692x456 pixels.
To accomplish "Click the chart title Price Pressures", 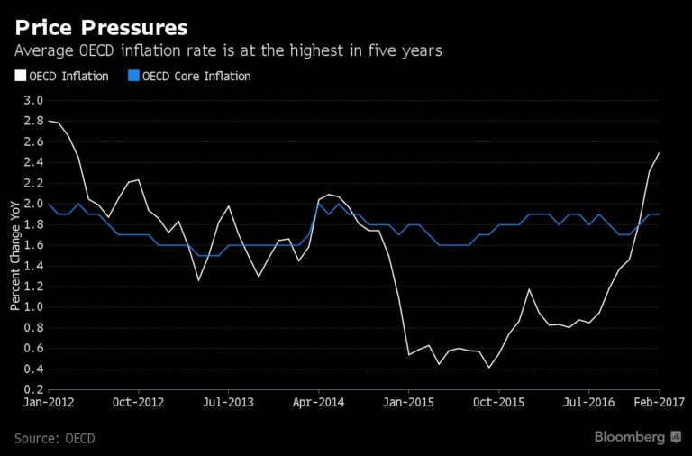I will (x=101, y=24).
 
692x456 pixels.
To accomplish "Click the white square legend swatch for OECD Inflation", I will (x=19, y=77).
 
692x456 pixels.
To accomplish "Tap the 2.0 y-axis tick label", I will (x=33, y=204).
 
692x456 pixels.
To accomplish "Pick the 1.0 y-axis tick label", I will (x=33, y=307).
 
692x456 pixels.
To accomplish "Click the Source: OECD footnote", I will (x=54, y=438).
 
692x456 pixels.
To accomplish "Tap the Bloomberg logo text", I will (x=630, y=437).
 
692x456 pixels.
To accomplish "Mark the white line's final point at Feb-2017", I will (x=659, y=152).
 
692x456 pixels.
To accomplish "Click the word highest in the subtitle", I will (x=305, y=51).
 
